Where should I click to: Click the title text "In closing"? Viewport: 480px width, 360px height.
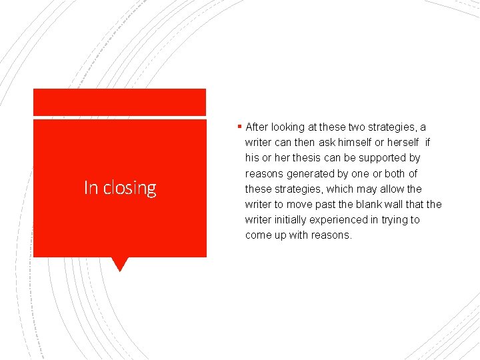tap(120, 189)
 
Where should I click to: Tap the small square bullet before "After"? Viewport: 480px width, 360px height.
tap(239, 127)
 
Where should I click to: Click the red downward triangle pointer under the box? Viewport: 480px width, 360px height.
tap(120, 264)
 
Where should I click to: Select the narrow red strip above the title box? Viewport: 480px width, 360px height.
tap(120, 103)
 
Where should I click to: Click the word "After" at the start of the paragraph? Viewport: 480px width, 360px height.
tap(257, 127)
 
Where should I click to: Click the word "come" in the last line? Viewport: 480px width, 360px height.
tap(258, 235)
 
